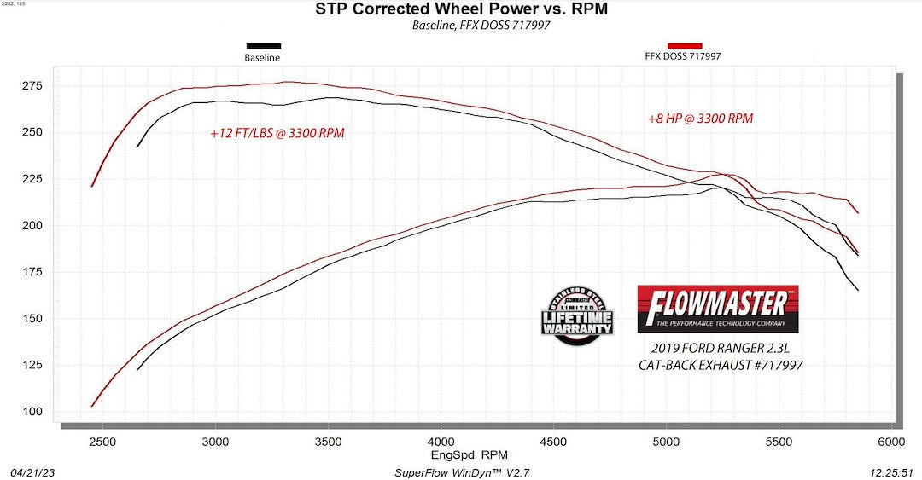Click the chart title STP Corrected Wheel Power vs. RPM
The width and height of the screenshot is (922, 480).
point(462,10)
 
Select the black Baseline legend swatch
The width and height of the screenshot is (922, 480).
point(263,46)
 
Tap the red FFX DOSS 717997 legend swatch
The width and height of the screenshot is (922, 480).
point(685,45)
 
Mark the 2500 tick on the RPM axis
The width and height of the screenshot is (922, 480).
point(102,441)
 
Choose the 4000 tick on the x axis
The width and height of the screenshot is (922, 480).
point(441,441)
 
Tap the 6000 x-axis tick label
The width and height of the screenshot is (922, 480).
point(891,441)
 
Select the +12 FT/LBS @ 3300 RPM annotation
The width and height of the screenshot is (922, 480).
point(277,133)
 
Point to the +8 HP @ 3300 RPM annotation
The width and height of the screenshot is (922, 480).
point(700,119)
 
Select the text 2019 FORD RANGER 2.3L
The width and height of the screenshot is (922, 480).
point(721,348)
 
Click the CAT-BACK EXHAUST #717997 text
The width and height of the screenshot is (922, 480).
point(721,365)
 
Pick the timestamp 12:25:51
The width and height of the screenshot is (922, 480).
point(890,472)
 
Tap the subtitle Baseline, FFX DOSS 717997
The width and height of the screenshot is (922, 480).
point(462,26)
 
